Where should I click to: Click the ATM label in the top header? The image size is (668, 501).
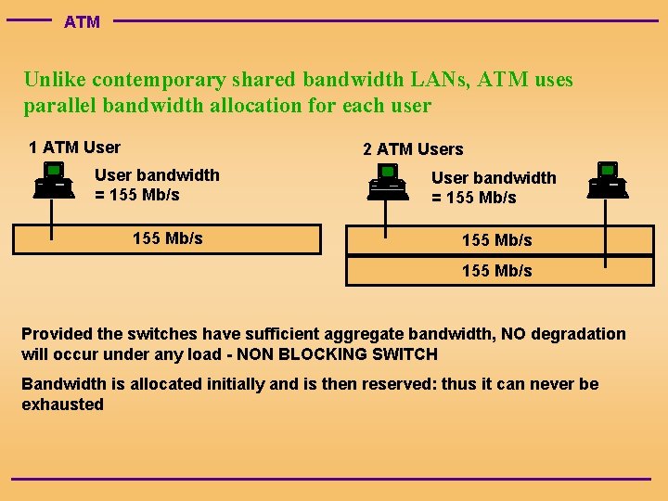click(x=82, y=21)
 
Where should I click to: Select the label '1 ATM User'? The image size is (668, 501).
click(x=74, y=147)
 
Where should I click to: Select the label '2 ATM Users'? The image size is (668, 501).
click(x=413, y=148)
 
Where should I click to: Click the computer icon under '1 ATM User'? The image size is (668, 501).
click(x=53, y=179)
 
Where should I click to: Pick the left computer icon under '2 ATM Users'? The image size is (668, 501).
click(x=387, y=181)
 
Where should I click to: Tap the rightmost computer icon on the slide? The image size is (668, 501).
click(x=608, y=179)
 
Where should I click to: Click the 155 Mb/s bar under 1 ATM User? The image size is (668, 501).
click(x=167, y=238)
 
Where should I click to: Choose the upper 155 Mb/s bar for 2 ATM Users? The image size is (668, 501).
click(x=496, y=240)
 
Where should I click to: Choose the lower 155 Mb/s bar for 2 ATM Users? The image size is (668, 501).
click(x=496, y=271)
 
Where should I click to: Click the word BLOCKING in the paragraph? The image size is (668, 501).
click(x=328, y=354)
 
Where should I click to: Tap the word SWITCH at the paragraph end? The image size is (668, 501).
click(x=404, y=354)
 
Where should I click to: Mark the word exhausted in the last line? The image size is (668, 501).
click(x=62, y=405)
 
